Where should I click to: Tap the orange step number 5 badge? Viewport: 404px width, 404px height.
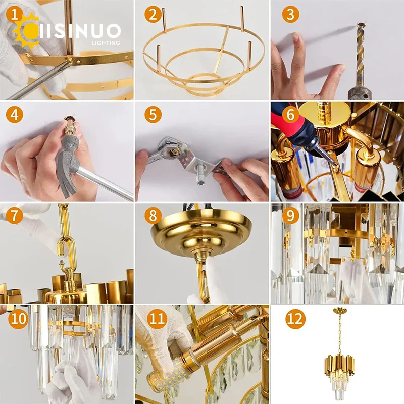[153, 115]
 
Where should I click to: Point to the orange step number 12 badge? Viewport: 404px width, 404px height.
[294, 319]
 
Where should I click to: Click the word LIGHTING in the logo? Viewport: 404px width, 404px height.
[106, 43]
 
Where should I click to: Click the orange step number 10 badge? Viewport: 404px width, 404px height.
[16, 319]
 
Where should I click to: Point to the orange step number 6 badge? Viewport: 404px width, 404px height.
[289, 115]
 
